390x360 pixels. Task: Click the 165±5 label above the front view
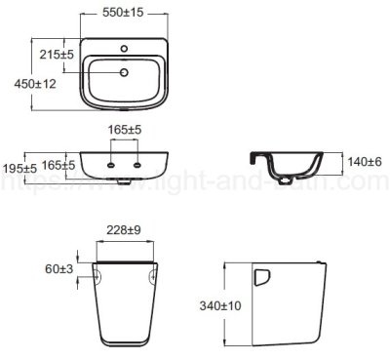pos(125,129)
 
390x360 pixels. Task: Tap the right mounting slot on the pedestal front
pos(154,275)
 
